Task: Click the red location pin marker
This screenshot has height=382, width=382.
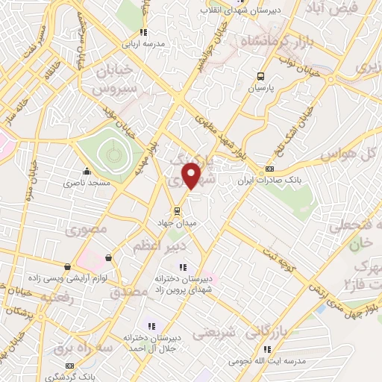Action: coord(192,175)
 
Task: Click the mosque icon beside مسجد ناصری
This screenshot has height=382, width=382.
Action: coord(87,170)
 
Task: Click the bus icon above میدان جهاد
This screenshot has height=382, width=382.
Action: coord(177,210)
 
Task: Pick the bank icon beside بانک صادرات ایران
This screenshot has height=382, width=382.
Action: coord(269,169)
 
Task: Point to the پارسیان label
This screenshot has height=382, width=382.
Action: coord(260,87)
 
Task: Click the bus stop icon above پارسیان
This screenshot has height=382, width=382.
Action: coord(260,76)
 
